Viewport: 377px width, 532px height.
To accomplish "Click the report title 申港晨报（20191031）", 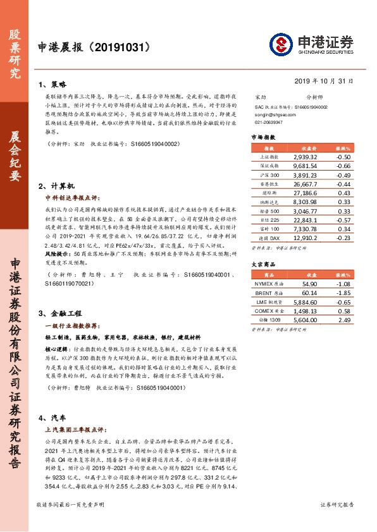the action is [x=94, y=47].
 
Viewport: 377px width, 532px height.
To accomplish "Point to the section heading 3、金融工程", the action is [x=61, y=313].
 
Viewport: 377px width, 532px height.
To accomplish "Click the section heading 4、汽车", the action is [x=53, y=418].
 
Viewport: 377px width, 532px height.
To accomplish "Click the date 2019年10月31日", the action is [x=333, y=81].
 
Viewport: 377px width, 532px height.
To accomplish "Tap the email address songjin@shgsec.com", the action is [x=273, y=115].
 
